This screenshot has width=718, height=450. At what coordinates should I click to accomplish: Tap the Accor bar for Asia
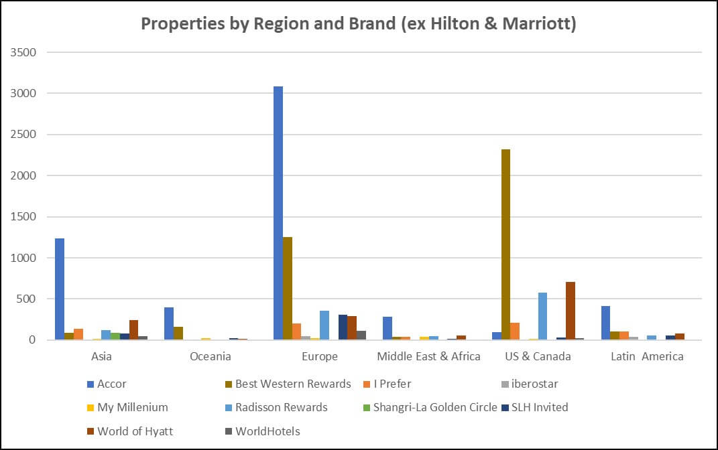(x=60, y=289)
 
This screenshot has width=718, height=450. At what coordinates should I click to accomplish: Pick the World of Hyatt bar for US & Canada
(x=571, y=311)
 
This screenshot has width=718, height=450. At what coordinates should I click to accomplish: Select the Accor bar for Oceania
(x=169, y=323)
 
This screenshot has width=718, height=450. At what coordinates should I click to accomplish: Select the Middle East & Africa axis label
(x=428, y=356)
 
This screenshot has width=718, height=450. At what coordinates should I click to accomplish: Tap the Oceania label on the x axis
(x=211, y=356)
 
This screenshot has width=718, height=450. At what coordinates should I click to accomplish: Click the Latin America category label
(x=647, y=356)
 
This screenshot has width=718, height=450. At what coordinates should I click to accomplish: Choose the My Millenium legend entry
(x=132, y=407)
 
